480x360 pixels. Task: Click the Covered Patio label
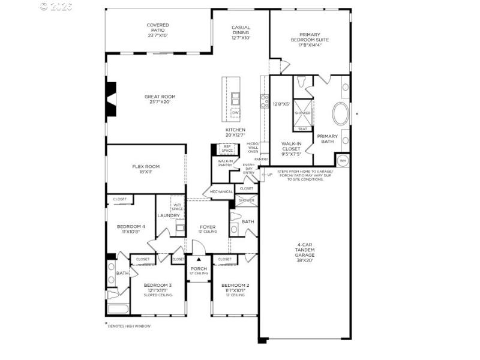[158, 30]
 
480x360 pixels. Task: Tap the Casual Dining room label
[241, 31]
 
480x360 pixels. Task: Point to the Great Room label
[160, 99]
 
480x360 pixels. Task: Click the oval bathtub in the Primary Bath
[340, 113]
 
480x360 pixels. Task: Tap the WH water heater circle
[343, 160]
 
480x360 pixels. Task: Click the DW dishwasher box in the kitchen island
[235, 113]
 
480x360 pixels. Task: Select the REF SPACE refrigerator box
[227, 148]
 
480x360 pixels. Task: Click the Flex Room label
[146, 169]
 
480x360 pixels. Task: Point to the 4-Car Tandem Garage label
[305, 252]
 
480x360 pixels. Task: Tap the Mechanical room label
[221, 192]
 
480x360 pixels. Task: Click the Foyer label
[208, 229]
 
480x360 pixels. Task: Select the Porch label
[199, 271]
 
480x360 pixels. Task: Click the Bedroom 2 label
[235, 288]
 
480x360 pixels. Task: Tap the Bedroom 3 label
[158, 288]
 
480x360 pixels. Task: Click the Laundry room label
[169, 215]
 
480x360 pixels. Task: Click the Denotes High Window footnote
[128, 326]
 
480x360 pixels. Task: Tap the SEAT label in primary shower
[302, 128]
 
